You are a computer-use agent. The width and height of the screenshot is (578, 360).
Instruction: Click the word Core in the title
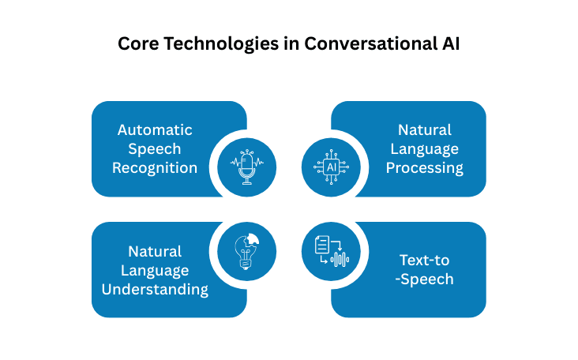coord(137,44)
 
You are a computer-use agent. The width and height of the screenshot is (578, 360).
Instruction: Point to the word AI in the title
coord(449,44)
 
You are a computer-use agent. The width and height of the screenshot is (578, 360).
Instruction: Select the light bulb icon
coord(247,251)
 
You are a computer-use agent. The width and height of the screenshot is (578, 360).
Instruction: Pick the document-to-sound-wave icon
coord(332,251)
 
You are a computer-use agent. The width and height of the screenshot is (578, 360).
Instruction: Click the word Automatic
coord(155,129)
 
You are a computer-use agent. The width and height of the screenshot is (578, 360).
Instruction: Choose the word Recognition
coord(155,167)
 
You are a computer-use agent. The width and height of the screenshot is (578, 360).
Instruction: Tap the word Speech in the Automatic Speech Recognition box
coord(155,148)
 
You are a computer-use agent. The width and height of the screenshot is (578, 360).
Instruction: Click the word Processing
coord(425,167)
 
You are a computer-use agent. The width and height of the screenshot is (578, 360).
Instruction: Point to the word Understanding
coord(155,289)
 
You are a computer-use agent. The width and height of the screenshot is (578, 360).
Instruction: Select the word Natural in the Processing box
coord(425,129)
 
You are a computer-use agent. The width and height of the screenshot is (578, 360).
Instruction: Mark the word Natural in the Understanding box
coord(155,251)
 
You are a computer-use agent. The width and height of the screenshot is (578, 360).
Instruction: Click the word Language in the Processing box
coord(425,148)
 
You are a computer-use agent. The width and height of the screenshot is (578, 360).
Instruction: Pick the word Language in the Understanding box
coord(155,270)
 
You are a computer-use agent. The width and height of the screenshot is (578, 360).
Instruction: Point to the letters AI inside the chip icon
coord(332,167)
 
